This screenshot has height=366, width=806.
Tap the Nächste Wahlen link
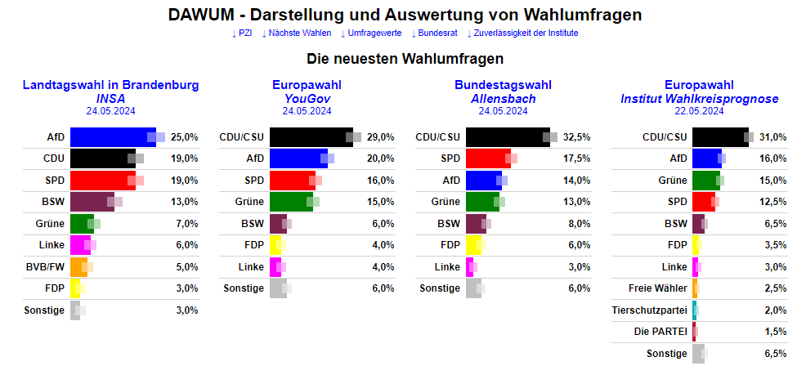tap(296, 33)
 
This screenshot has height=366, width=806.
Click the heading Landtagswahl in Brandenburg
tap(110, 85)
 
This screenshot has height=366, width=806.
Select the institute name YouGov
tap(307, 98)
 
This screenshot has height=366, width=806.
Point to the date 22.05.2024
tap(699, 111)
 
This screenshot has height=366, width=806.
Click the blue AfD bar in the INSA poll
tap(113, 137)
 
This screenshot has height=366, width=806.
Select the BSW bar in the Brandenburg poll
tap(92, 201)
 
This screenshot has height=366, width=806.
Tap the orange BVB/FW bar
tap(78, 266)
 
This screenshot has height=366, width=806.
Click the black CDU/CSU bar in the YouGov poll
tap(311, 137)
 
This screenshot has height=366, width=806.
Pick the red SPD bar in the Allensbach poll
tap(488, 158)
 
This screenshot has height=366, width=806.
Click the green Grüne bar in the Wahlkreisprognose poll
tap(705, 180)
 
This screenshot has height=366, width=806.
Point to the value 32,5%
tap(577, 137)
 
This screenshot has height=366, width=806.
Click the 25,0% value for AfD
tap(184, 137)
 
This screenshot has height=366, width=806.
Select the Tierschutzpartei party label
tap(649, 310)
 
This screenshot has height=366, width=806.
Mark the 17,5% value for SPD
tap(577, 158)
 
